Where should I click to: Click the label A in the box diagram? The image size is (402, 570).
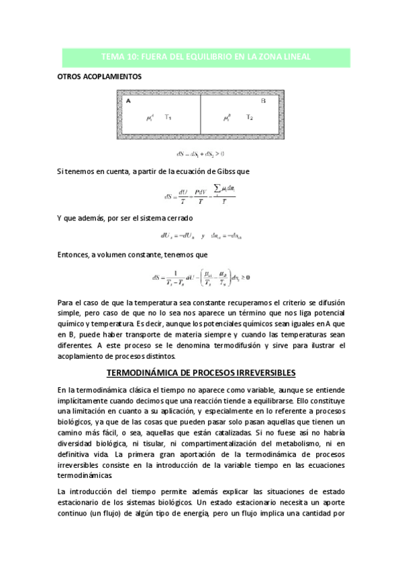pos(127,100)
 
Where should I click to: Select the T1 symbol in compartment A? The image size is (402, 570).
pos(168,117)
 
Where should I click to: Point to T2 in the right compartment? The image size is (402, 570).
pos(249,117)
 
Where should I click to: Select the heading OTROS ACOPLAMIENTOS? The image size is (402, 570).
pos(99,77)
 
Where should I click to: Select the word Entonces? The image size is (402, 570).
pos(75,255)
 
